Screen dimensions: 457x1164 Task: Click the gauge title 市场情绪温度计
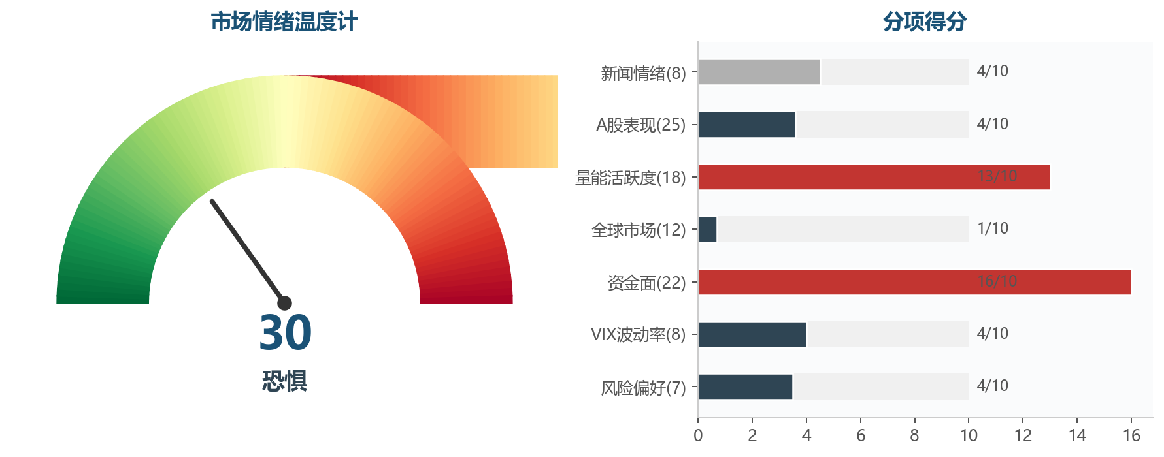(x=284, y=22)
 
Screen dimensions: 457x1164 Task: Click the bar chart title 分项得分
(x=924, y=22)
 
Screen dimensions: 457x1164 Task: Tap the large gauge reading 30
(x=285, y=333)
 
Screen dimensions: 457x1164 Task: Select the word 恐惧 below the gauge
(x=284, y=381)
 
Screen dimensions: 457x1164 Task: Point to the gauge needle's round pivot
(x=284, y=303)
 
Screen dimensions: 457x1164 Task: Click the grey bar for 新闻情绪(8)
(x=759, y=72)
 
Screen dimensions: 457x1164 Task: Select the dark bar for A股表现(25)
(x=746, y=125)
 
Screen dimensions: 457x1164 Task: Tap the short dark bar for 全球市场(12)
(x=708, y=229)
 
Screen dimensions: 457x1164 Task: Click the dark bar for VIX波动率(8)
(x=752, y=334)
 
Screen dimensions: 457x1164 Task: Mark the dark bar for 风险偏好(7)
(x=745, y=386)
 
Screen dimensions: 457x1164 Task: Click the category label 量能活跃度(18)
(x=630, y=178)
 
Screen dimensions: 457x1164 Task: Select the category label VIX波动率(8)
(x=638, y=335)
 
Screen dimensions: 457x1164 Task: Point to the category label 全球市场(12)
(x=638, y=230)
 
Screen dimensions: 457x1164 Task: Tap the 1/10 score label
(x=992, y=228)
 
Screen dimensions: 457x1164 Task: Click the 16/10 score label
(x=997, y=281)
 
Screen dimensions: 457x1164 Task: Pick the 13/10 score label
(x=997, y=176)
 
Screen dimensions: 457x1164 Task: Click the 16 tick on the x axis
(x=1131, y=435)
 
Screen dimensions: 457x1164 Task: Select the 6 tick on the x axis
(x=861, y=435)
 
